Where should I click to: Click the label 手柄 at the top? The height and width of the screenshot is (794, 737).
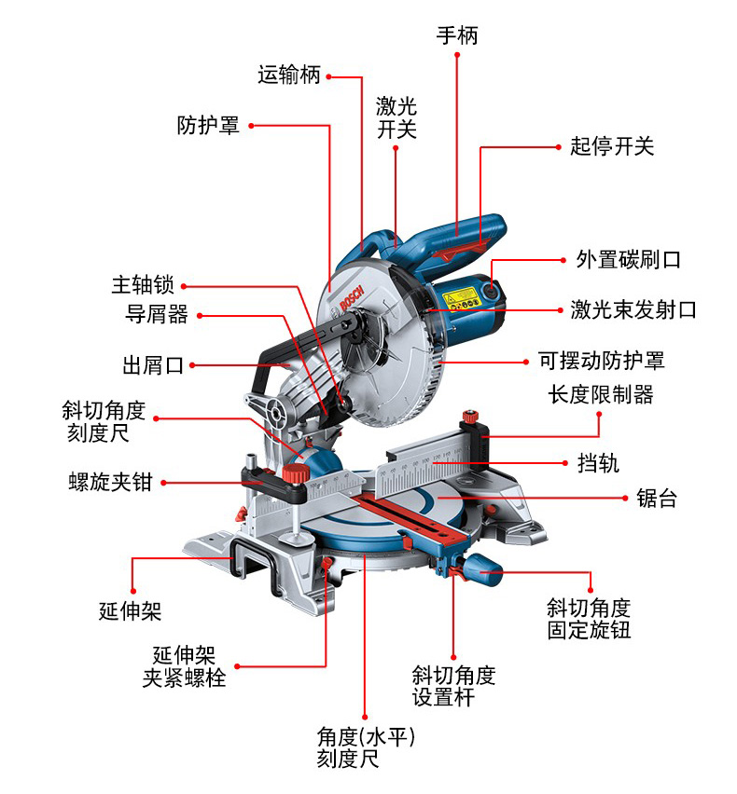457,36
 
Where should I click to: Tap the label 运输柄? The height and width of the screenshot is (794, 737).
289,75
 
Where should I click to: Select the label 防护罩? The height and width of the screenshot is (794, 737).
208,125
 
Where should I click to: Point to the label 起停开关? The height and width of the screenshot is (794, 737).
612,146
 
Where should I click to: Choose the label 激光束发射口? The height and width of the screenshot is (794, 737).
633,309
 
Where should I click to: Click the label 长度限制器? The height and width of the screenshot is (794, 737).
601,393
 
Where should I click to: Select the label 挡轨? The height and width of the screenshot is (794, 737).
598,462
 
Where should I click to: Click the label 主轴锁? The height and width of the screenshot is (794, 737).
143,285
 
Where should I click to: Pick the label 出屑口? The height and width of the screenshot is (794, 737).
154,365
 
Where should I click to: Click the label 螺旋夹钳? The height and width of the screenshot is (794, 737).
110,482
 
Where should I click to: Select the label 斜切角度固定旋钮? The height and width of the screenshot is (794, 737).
589,619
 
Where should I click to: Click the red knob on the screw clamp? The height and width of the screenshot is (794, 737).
298,476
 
